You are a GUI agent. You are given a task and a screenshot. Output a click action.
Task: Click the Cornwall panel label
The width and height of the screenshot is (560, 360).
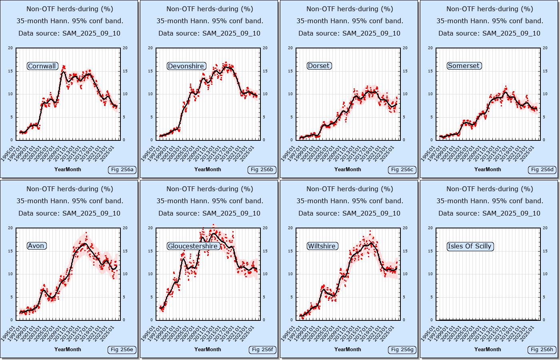point(42,66)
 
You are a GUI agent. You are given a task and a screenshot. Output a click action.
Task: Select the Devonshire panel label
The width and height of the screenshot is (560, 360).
point(186,66)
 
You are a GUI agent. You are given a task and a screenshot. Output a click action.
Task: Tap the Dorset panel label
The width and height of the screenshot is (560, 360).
point(319,66)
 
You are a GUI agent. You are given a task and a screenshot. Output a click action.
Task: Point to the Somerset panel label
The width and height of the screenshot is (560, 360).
point(464,66)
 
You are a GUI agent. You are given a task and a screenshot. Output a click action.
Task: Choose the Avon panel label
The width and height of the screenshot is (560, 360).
point(36,246)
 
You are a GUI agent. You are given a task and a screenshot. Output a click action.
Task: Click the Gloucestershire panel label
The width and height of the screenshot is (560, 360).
point(193,246)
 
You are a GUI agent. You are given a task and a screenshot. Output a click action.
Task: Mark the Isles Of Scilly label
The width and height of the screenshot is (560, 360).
point(470,246)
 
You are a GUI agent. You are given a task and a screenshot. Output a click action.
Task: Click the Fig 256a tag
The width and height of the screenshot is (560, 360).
point(122,170)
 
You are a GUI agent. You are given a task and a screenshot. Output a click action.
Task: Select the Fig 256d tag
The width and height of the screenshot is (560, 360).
point(542,170)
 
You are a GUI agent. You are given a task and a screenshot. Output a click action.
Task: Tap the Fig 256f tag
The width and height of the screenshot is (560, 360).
point(262,350)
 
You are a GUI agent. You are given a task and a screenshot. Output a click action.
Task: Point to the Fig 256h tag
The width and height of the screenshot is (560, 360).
point(542,350)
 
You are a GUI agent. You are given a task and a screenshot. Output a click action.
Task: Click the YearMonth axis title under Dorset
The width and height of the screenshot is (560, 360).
point(348,169)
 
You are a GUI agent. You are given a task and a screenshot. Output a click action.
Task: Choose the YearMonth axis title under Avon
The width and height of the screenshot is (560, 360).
point(68,349)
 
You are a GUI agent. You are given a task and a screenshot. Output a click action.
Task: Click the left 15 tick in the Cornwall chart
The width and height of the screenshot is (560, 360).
point(10,71)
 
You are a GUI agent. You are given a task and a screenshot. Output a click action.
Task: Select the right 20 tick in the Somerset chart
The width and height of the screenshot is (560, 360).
point(545,48)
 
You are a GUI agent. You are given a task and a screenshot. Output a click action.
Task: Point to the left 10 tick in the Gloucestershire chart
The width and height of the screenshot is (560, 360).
point(150,274)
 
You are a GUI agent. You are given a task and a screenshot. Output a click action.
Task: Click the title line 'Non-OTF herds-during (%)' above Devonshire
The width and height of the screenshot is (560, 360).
point(210,9)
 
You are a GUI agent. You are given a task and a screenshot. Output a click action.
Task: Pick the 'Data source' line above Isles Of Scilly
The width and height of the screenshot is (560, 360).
point(489,213)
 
